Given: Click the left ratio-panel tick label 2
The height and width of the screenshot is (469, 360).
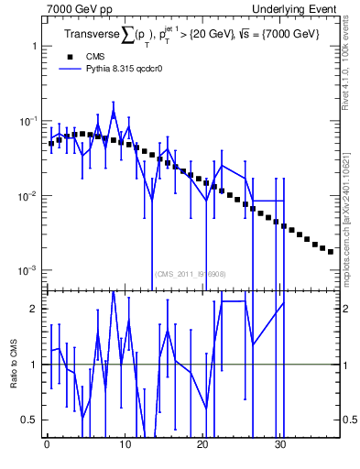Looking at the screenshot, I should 32,309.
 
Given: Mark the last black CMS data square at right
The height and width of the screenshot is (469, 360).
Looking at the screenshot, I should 331,251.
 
